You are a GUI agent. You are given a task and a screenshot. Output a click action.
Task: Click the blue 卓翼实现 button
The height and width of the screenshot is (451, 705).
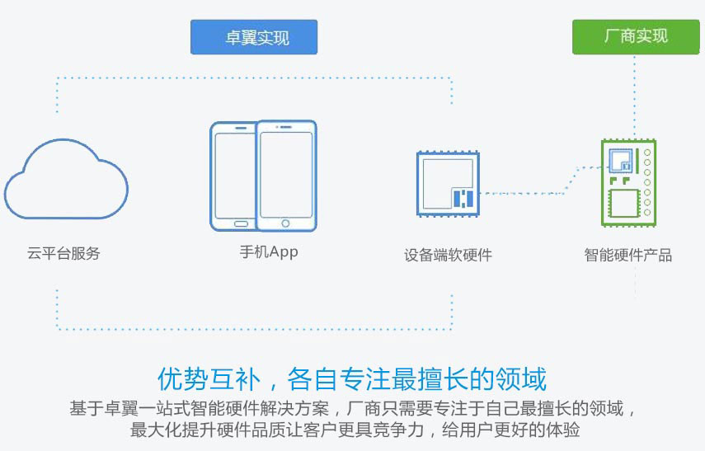tap(254, 37)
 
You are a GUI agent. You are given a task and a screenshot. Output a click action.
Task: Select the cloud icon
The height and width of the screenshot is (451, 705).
tap(66, 183)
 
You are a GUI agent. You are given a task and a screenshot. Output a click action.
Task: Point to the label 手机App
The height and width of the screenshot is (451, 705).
tap(263, 252)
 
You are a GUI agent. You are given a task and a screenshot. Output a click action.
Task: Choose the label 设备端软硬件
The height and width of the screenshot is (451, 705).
tap(448, 255)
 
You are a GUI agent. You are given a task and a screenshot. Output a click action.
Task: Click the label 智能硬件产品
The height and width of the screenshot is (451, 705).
tap(628, 255)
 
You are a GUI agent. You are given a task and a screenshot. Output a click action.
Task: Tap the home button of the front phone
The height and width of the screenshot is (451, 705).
tap(286, 223)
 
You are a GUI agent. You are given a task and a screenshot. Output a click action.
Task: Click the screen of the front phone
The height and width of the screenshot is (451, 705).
tap(286, 174)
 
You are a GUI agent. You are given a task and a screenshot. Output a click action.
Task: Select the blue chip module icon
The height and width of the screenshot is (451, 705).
tap(448, 184)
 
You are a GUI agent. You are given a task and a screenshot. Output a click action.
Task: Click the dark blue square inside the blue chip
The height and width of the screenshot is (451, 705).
tap(463, 198)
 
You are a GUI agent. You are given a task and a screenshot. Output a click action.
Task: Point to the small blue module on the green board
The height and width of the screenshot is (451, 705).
tap(620, 161)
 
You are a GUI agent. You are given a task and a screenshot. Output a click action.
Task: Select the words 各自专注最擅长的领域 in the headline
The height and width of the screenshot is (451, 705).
tap(417, 380)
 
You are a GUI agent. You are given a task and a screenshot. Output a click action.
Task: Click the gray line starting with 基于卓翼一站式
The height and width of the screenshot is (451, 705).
tap(353, 409)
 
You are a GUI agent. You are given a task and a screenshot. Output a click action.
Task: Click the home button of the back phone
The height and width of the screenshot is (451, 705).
tap(241, 223)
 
